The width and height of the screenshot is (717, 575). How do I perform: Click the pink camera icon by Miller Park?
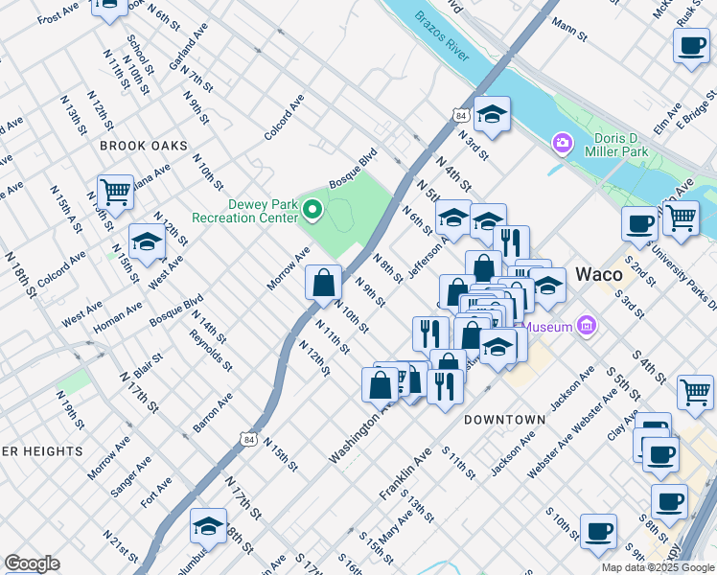pos(562,144)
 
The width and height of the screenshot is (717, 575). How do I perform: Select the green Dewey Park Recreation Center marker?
pos(312,208)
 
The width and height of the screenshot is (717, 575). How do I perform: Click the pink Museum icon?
pos(588,327)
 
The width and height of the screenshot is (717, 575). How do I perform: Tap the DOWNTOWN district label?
pos(504,420)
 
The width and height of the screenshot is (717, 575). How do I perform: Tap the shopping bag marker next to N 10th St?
pos(324,282)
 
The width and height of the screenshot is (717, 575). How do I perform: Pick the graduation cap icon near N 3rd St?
pos(492,115)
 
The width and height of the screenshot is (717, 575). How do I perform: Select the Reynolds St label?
pos(211,350)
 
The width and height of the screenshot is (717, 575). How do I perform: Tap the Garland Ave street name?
pos(195,45)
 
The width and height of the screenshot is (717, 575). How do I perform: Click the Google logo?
pos(32,563)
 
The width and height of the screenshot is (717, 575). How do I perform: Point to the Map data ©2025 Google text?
pos(658,567)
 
